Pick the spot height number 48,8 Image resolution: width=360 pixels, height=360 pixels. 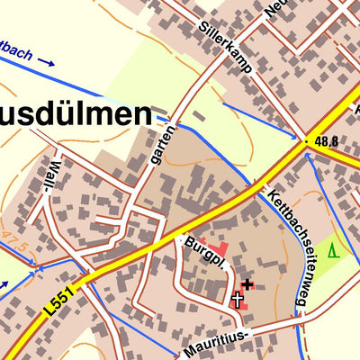(328, 141)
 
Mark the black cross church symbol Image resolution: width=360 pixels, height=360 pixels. (247, 284)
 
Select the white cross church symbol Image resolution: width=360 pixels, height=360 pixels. (238, 300)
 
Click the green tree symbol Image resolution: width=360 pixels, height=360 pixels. (334, 250)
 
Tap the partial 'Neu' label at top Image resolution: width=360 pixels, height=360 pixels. (274, 9)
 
